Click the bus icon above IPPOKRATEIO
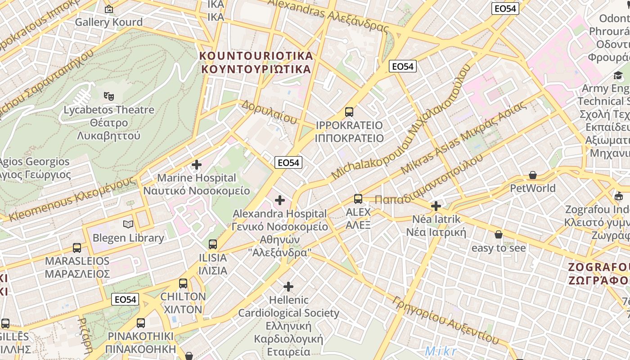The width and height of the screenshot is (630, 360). (349, 112)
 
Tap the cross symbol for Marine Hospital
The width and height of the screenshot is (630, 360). (197, 165)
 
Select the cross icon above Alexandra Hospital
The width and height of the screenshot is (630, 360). (280, 200)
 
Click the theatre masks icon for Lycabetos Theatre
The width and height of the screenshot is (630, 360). (108, 96)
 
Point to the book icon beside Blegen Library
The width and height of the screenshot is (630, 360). (128, 224)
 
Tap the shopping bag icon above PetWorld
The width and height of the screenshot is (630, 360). (533, 175)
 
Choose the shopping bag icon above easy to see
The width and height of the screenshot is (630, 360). (498, 234)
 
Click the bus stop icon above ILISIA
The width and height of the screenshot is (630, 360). (213, 244)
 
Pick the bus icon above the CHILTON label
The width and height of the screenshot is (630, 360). (183, 283)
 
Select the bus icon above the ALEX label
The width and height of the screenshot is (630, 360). (358, 198)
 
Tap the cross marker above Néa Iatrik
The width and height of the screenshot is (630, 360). (436, 206)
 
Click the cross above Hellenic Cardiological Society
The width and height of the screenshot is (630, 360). (288, 286)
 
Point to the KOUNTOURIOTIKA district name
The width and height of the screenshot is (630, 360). (256, 56)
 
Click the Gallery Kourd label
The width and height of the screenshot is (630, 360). (108, 22)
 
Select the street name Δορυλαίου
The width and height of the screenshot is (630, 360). (269, 112)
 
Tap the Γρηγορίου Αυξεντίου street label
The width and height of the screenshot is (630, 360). (445, 319)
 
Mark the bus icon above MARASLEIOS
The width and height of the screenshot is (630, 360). (77, 247)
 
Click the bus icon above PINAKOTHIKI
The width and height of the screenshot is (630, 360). (141, 323)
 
